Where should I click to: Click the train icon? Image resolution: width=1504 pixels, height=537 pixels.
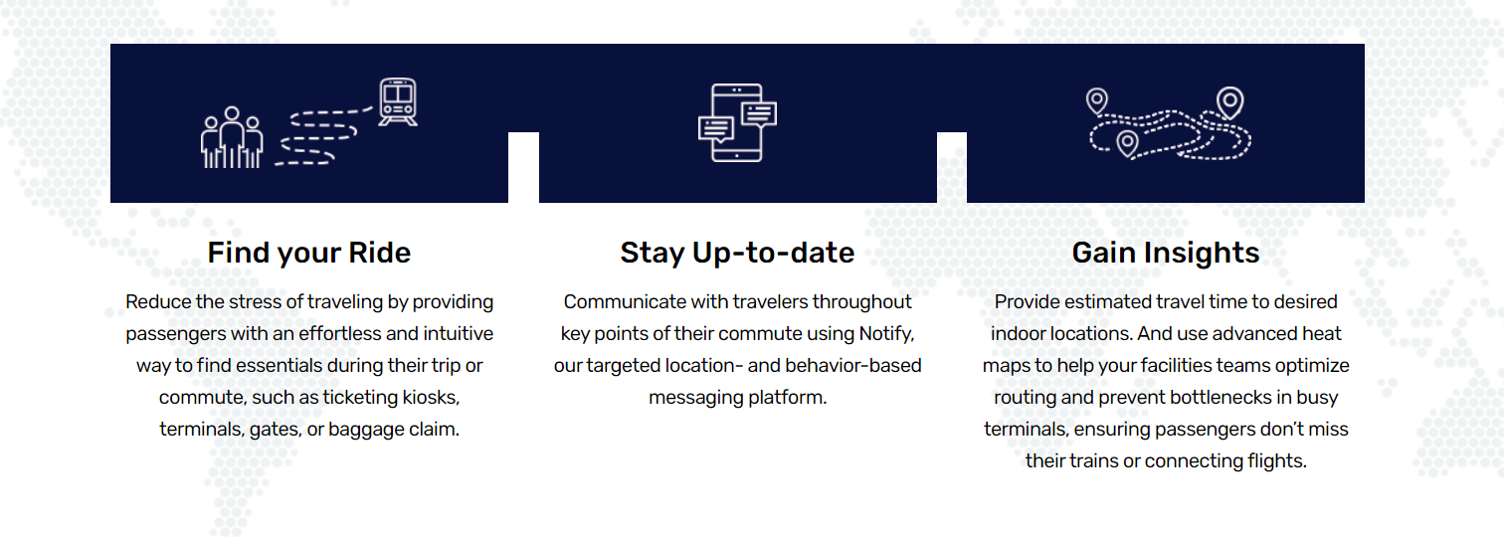coord(398,102)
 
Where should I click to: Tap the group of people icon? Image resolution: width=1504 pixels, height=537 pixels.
coord(232,137)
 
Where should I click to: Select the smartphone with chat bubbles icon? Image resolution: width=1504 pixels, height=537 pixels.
coord(737,123)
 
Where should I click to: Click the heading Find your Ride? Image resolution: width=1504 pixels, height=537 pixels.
coord(308,253)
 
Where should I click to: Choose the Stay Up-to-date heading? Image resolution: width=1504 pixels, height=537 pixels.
coord(737,253)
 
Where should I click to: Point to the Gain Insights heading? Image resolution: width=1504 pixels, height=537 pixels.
coord(1166,253)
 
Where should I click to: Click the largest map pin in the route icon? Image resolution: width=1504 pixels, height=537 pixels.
coord(1230,103)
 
